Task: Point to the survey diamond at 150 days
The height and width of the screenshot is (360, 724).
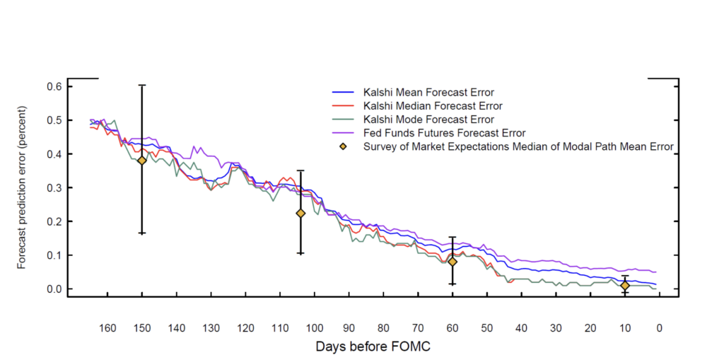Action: click(x=141, y=161)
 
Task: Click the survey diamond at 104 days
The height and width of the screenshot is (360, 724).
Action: click(x=300, y=213)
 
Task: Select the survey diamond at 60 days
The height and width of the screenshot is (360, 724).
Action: click(x=452, y=262)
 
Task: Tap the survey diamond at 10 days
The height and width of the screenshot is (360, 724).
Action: click(x=625, y=286)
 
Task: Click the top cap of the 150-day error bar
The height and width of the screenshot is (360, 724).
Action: click(x=141, y=85)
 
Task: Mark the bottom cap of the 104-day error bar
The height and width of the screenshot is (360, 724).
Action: click(x=300, y=253)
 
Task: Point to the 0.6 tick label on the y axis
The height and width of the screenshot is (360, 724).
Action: click(x=55, y=86)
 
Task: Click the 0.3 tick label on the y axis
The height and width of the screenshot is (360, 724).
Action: click(x=55, y=187)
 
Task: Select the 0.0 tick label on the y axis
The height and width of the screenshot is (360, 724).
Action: click(x=55, y=289)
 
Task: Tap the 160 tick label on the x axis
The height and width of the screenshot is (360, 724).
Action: click(x=107, y=327)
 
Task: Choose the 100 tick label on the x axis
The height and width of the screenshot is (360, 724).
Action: click(x=314, y=327)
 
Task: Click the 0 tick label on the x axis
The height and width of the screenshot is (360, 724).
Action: click(x=659, y=327)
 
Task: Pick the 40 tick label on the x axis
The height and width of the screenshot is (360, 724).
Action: click(x=521, y=327)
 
